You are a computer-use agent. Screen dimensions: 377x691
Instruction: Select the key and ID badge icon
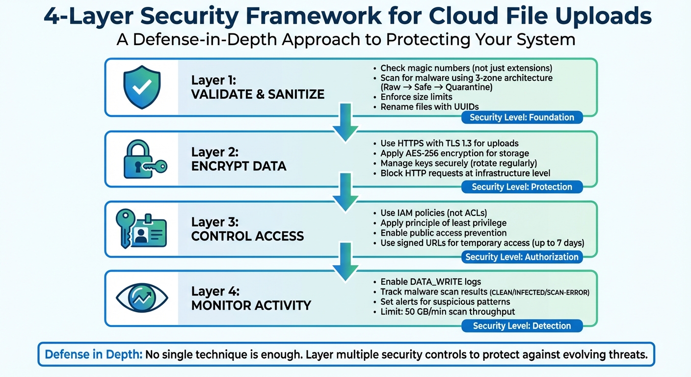[141, 229]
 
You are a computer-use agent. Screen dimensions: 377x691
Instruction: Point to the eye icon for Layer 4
[142, 297]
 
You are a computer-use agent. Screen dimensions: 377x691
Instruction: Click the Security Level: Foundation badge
[522, 117]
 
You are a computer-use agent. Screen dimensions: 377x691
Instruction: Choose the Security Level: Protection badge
[522, 187]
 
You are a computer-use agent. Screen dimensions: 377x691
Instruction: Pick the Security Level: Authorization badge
[522, 257]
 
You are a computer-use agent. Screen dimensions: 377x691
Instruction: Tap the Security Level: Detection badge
[522, 326]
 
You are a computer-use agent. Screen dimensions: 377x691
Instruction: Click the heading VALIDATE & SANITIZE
[258, 94]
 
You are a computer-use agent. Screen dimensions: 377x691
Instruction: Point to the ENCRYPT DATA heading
[239, 166]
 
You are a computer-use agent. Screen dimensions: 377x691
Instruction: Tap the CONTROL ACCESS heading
[247, 236]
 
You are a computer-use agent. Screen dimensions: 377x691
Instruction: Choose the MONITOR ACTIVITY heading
[251, 305]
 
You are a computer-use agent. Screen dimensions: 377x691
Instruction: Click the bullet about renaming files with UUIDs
[429, 107]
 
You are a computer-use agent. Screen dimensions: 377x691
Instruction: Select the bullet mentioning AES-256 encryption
[454, 153]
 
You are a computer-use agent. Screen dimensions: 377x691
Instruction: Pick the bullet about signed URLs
[482, 243]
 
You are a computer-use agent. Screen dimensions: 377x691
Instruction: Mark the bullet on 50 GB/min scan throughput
[448, 312]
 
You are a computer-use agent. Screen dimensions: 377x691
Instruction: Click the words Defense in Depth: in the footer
[93, 354]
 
